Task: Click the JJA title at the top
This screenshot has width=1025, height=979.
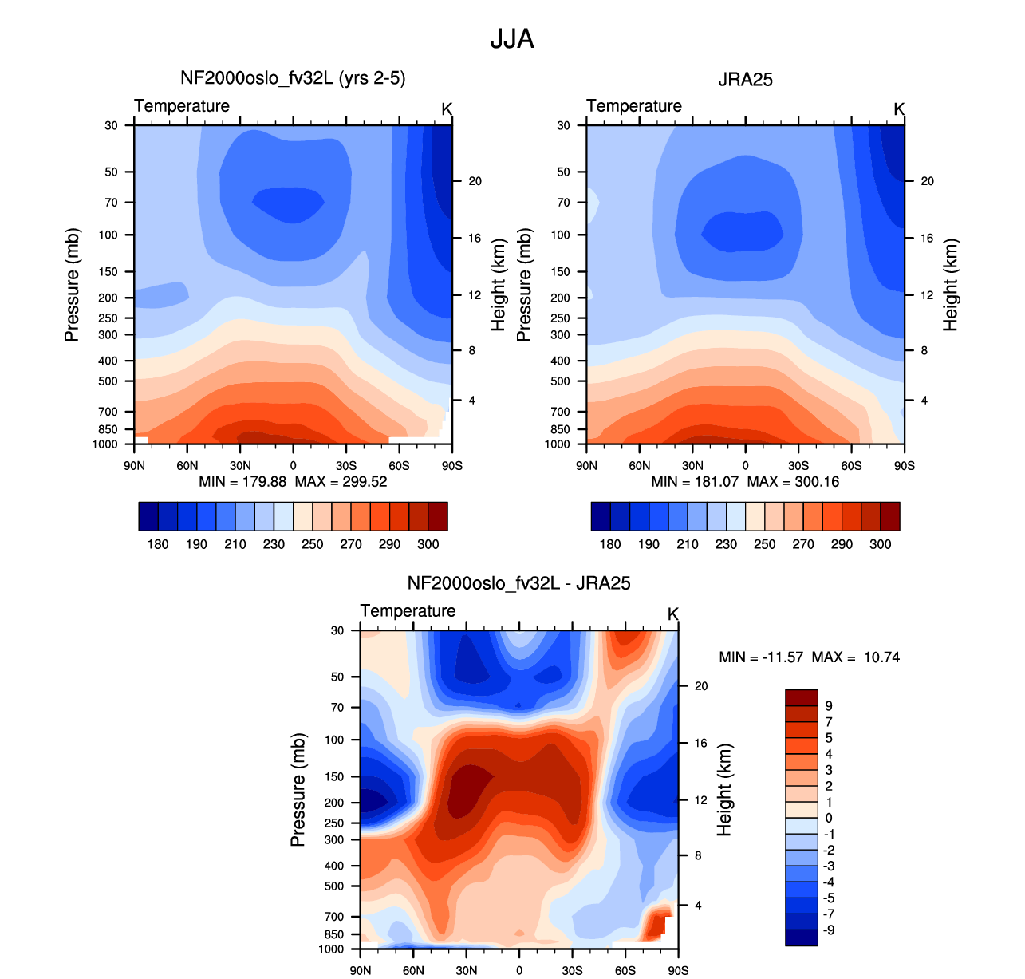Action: click(x=512, y=39)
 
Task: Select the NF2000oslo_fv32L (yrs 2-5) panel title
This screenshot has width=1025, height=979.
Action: click(x=293, y=78)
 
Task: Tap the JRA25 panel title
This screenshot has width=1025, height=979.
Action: click(x=745, y=80)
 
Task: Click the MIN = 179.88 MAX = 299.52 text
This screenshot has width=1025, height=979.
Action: click(x=293, y=482)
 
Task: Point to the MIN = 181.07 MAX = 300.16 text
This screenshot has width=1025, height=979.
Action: click(x=745, y=482)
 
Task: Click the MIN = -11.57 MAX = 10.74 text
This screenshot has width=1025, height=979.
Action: click(x=809, y=657)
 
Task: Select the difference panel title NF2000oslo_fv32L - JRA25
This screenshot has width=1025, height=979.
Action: click(x=518, y=583)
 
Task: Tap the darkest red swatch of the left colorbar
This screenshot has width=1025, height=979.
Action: click(x=438, y=516)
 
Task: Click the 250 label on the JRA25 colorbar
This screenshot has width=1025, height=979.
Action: click(x=764, y=544)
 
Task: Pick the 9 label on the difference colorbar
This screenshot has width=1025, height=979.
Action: click(x=829, y=705)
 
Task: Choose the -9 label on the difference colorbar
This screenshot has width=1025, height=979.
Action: click(x=829, y=930)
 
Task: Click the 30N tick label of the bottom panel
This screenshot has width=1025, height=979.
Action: click(x=466, y=970)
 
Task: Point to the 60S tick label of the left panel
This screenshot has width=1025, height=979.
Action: click(x=399, y=466)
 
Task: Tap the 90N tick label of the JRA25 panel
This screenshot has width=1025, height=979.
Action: click(x=586, y=466)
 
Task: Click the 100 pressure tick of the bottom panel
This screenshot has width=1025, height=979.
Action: click(x=334, y=740)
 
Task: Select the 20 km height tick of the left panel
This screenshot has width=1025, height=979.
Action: click(x=475, y=181)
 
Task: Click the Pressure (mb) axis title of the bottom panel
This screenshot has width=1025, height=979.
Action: click(x=298, y=790)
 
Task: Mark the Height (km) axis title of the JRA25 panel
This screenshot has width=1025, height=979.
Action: click(x=950, y=285)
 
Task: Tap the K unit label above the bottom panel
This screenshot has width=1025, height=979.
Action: click(x=672, y=614)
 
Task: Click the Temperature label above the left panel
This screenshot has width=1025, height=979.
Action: click(x=182, y=106)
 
